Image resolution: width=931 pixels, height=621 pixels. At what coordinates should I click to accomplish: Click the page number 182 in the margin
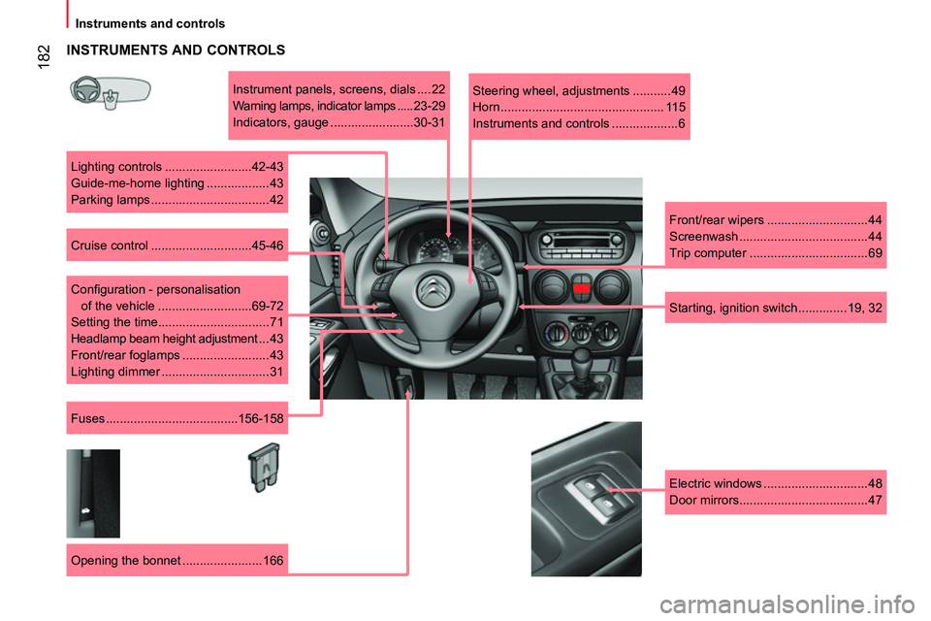(x=44, y=57)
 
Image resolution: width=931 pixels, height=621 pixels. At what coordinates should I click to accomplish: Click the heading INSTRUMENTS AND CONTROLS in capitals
(x=176, y=49)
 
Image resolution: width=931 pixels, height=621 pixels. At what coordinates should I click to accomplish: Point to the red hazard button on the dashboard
(x=581, y=289)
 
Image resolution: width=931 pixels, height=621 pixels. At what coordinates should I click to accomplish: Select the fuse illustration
(x=264, y=467)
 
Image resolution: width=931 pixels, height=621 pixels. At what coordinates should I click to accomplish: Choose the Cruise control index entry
(x=177, y=245)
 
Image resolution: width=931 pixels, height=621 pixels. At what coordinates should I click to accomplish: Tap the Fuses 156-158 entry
(x=177, y=418)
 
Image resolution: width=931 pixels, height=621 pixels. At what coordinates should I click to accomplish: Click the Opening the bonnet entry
(x=177, y=561)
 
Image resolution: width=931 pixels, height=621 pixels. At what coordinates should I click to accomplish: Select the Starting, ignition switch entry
(x=776, y=308)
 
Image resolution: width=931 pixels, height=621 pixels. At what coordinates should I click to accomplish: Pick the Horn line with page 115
(x=579, y=107)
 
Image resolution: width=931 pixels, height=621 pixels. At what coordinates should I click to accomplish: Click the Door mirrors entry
(x=776, y=500)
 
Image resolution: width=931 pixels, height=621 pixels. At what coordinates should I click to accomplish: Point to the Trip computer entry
(x=776, y=253)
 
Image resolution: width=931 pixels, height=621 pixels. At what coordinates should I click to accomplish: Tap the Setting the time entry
(x=177, y=322)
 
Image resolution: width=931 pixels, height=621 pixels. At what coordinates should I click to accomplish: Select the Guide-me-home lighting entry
(x=177, y=183)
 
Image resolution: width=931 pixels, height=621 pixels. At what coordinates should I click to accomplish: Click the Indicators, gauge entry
(x=339, y=122)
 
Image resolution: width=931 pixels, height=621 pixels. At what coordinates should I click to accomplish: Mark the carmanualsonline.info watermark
(x=787, y=605)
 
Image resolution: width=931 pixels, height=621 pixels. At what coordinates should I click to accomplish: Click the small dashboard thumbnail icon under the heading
(x=111, y=93)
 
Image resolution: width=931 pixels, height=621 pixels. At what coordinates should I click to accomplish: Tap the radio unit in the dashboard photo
(x=581, y=243)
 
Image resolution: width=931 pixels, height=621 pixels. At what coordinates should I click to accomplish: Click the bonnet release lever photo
(x=93, y=493)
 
